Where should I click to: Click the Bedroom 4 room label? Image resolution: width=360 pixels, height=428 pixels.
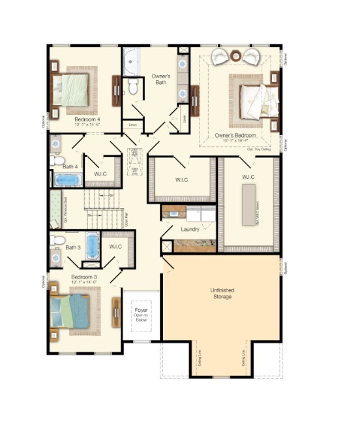86,119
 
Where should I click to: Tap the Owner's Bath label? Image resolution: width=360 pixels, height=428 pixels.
161,79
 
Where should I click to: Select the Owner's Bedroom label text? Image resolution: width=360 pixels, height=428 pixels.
235,136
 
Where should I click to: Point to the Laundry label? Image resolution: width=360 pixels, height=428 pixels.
190,229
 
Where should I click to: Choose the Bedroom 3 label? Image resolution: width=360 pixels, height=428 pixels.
83,277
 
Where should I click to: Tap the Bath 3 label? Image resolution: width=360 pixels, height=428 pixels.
73,247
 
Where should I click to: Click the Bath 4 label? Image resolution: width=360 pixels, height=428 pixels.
70,167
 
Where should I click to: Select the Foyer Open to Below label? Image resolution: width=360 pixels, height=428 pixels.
141,314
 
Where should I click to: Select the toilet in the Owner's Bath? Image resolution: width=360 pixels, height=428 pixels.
134,87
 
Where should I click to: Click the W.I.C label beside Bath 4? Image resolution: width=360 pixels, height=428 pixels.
100,173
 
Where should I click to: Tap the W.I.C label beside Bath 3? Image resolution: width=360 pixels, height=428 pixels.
115,246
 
